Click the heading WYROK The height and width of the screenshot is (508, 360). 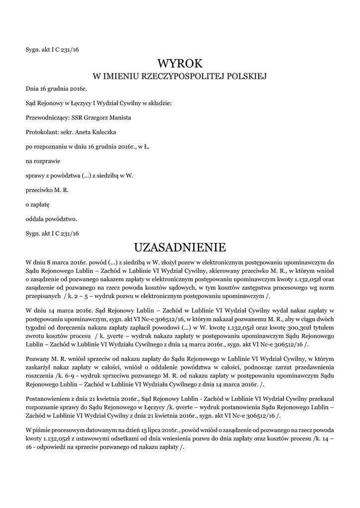pyautogui.click(x=180, y=63)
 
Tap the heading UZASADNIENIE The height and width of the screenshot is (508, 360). pyautogui.click(x=180, y=247)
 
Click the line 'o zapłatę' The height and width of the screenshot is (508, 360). pyautogui.click(x=38, y=204)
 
